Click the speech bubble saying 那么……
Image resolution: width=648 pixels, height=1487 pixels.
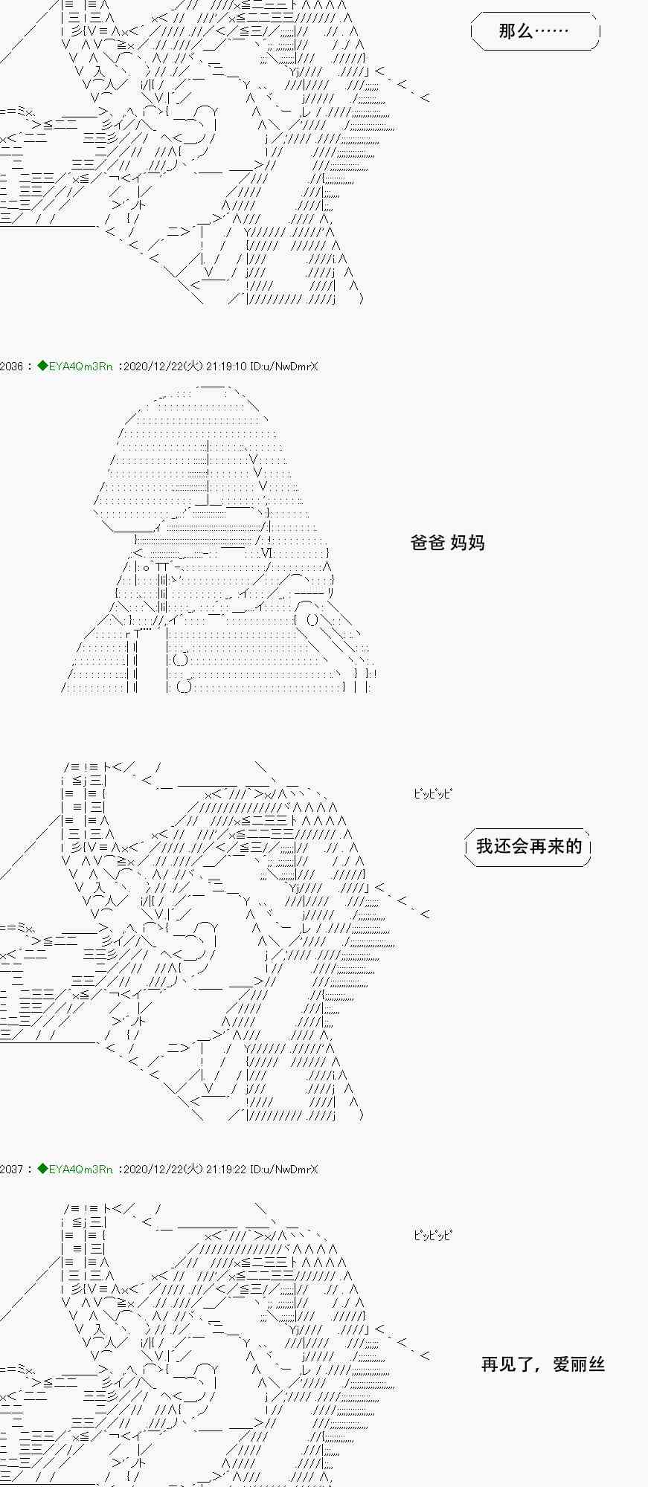(534, 31)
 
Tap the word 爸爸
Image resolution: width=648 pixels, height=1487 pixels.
(428, 543)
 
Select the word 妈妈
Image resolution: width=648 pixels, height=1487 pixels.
(468, 543)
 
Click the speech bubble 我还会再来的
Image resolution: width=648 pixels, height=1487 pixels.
(528, 846)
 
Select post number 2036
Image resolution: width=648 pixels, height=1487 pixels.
(11, 366)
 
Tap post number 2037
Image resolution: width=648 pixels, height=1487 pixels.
(11, 1169)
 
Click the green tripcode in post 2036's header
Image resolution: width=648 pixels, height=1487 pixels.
(75, 366)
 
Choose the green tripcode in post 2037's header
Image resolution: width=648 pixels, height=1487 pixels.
(75, 1169)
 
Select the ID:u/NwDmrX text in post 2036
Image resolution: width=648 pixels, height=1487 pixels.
(284, 366)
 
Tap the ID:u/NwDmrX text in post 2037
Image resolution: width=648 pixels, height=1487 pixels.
(284, 1169)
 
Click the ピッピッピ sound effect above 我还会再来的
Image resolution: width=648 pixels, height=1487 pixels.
(432, 793)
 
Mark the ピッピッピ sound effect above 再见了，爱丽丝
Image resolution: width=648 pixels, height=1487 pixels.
(432, 1235)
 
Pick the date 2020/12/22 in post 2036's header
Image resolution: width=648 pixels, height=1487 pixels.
(151, 366)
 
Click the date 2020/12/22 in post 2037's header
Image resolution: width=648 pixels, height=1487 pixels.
(151, 1169)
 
